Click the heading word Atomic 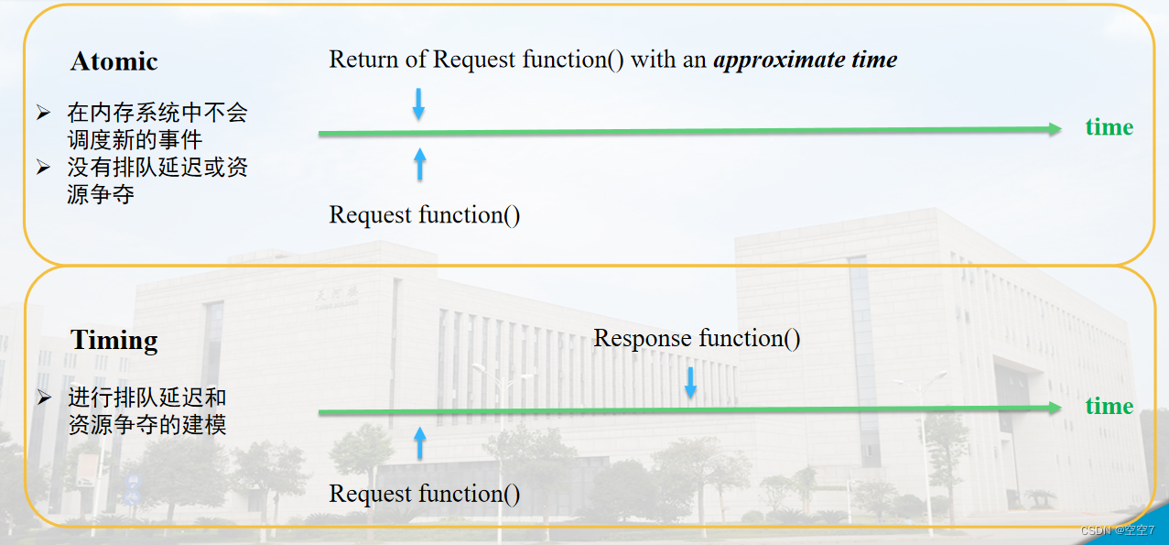pyautogui.click(x=114, y=61)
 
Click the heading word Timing pyautogui.click(x=114, y=341)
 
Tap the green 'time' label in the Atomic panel pyautogui.click(x=1109, y=127)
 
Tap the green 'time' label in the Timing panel pyautogui.click(x=1109, y=406)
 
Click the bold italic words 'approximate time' pyautogui.click(x=805, y=60)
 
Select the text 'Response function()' pyautogui.click(x=697, y=338)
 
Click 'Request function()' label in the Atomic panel pyautogui.click(x=425, y=215)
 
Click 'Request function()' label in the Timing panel pyautogui.click(x=425, y=494)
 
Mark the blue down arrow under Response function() pyautogui.click(x=690, y=382)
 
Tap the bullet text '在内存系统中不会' pyautogui.click(x=157, y=114)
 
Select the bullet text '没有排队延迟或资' pyautogui.click(x=157, y=168)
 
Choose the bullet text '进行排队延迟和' pyautogui.click(x=146, y=398)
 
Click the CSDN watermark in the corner pyautogui.click(x=1117, y=531)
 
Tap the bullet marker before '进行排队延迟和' pyautogui.click(x=43, y=398)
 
